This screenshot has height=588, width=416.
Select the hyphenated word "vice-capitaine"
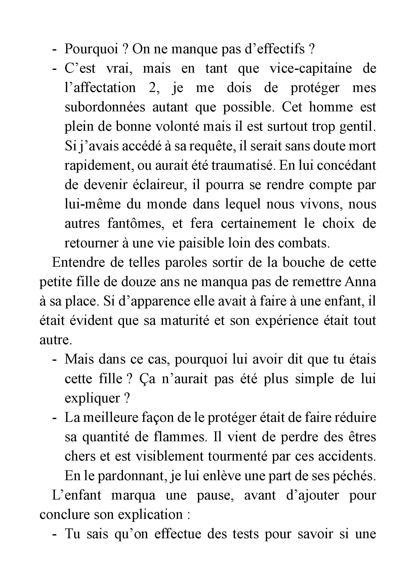point(310,68)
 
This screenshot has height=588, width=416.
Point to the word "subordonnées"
point(105,107)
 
